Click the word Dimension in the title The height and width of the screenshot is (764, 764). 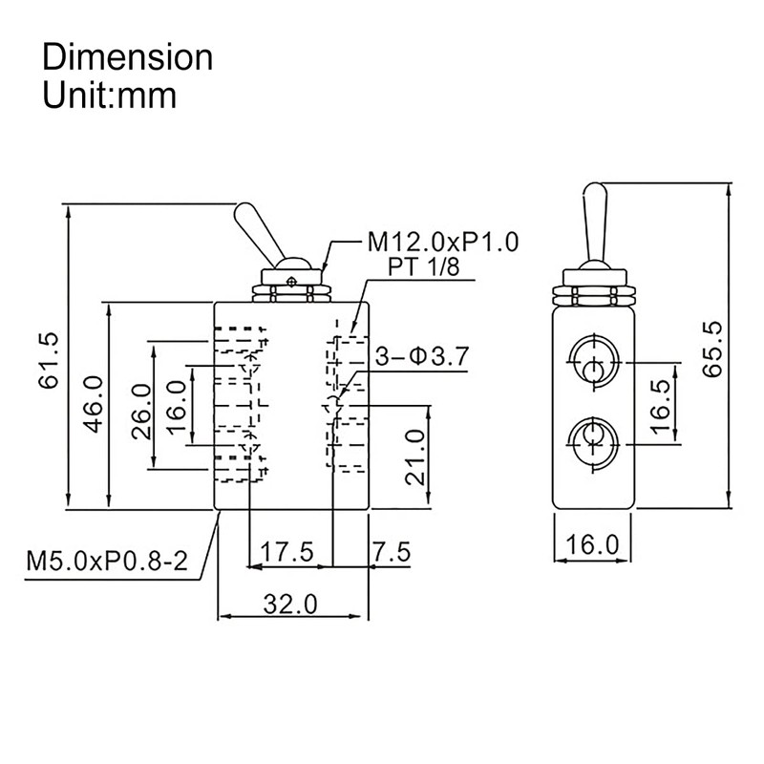click(128, 57)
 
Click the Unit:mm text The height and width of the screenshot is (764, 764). click(110, 95)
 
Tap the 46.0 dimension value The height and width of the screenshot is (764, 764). click(94, 404)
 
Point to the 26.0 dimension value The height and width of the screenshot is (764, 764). click(140, 410)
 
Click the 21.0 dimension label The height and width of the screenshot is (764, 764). click(413, 457)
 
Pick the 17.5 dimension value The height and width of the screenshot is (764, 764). click(287, 552)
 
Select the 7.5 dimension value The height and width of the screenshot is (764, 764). click(392, 552)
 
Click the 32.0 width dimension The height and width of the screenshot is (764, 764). click(291, 604)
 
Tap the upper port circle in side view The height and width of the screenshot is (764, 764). click(594, 364)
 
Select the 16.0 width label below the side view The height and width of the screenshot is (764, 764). click(593, 545)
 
